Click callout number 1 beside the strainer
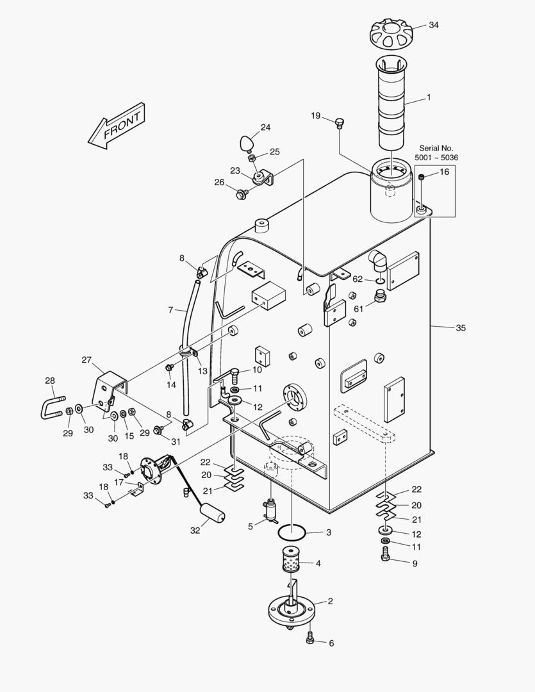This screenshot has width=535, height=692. [429, 98]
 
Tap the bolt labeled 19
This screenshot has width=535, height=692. [340, 122]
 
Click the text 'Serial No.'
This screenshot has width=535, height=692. [436, 148]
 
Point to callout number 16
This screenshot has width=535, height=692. [444, 172]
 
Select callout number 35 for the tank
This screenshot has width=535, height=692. [461, 328]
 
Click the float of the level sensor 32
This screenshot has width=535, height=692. [211, 513]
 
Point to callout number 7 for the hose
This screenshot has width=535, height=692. [171, 310]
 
